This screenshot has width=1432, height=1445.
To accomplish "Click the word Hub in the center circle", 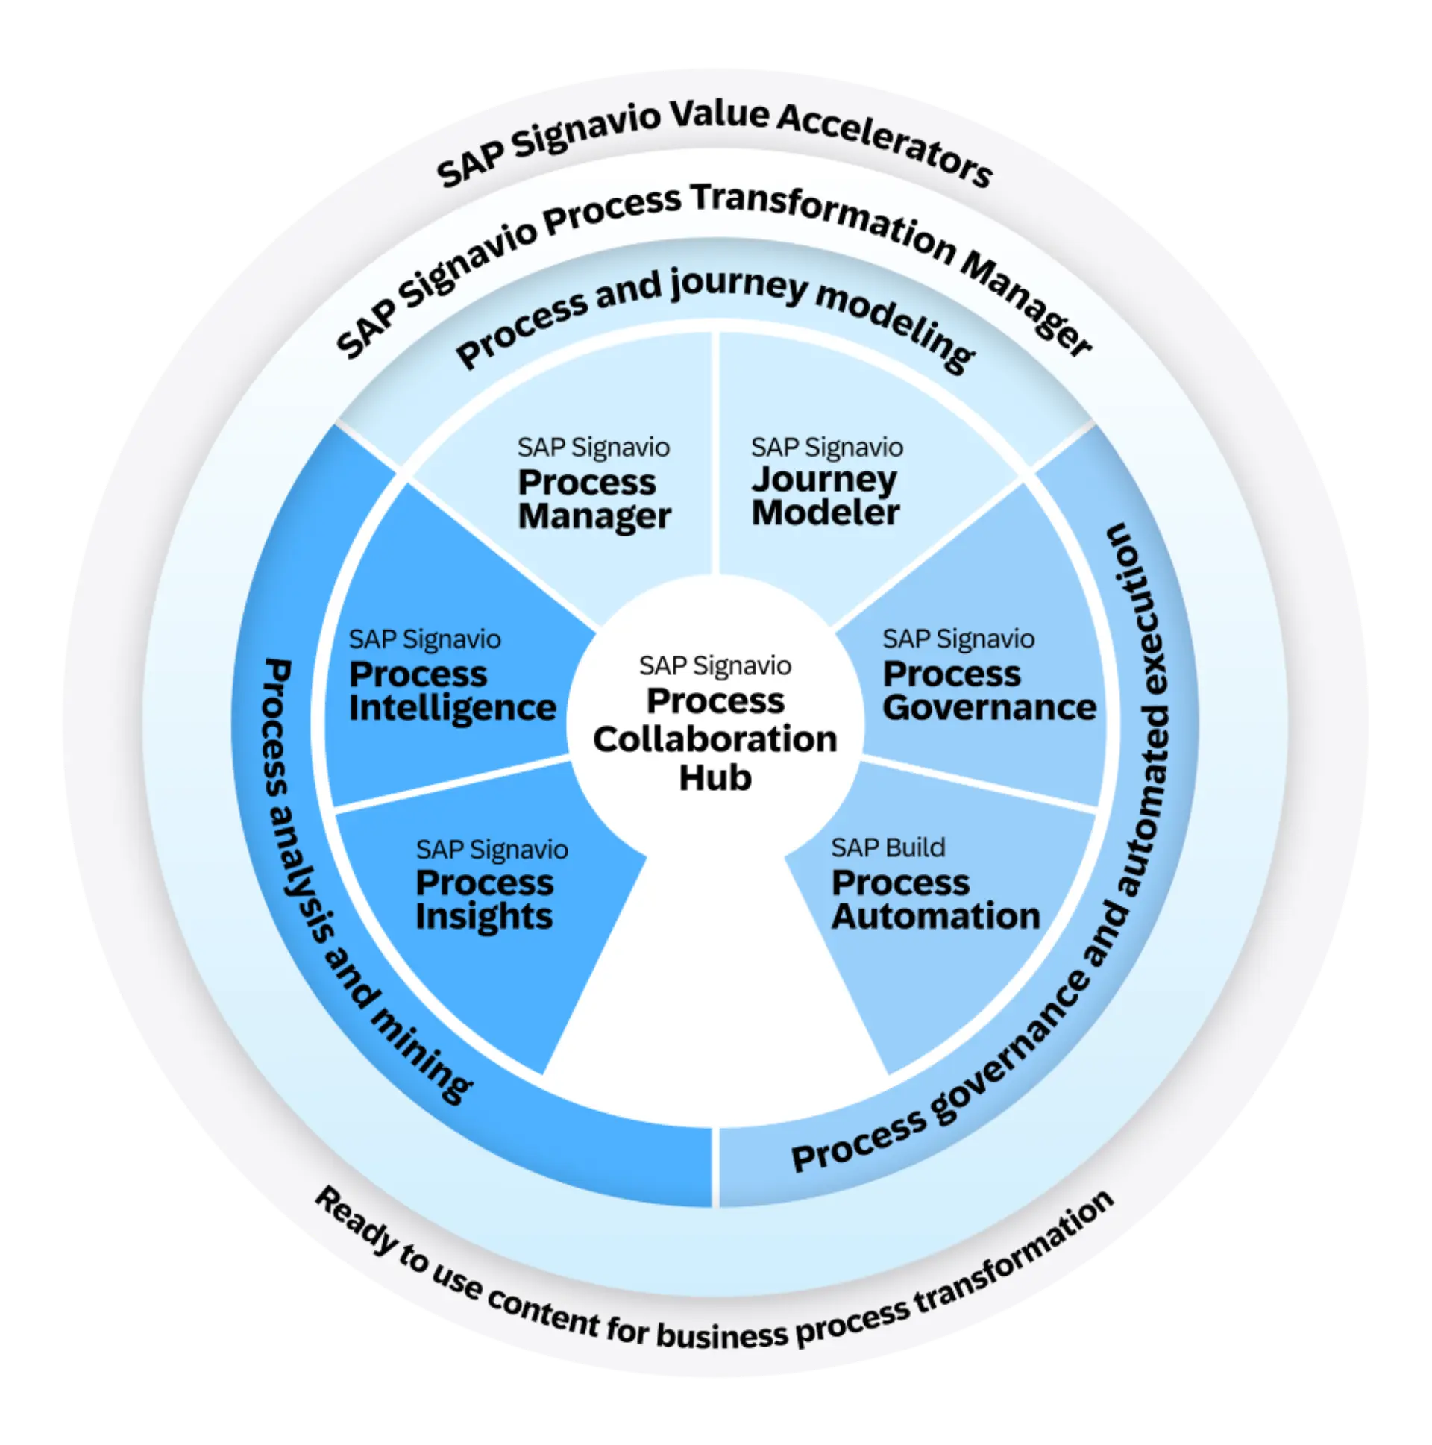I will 715,778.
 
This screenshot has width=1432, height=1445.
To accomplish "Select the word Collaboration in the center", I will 715,739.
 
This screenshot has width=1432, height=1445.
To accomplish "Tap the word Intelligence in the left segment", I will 453,708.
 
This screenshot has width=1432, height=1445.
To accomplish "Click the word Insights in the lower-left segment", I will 484,917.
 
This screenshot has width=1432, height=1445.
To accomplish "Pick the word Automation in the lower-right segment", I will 935,916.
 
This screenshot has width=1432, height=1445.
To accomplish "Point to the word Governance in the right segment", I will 988,707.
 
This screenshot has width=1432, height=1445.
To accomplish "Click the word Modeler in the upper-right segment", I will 825,513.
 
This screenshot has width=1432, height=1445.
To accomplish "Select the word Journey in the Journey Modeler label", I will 823,480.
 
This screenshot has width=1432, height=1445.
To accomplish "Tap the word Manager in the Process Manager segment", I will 594,516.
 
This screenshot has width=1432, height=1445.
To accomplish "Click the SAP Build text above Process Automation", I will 888,847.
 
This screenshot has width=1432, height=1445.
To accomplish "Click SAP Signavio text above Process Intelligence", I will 424,639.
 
